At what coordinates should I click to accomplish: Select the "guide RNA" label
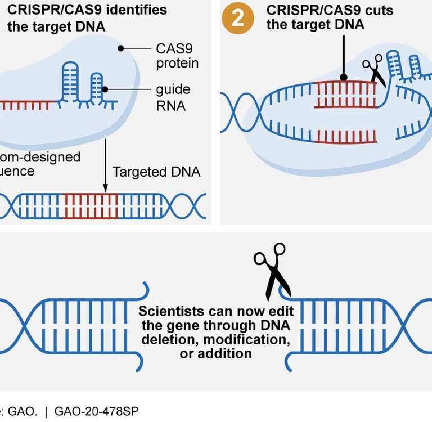173,97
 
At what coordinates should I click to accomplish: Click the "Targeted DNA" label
156,172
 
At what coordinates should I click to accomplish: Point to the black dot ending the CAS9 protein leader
120,50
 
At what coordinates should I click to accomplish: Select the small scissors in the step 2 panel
373,69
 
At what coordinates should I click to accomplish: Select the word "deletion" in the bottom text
167,339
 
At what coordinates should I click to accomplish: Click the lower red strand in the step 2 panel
345,136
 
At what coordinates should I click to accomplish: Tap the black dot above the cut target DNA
344,77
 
